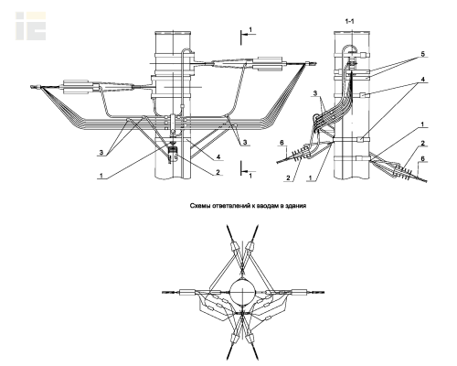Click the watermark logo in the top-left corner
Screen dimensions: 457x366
coord(31,26)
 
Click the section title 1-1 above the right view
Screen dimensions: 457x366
coord(349,21)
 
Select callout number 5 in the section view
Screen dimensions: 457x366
coord(422,54)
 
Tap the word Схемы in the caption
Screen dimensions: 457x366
coord(199,206)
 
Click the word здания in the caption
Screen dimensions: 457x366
coord(296,206)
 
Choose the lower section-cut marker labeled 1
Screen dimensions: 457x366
coord(247,171)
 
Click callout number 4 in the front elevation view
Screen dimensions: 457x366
coord(218,156)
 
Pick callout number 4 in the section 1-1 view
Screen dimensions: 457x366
coord(422,80)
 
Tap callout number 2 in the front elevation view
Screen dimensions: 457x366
coord(218,172)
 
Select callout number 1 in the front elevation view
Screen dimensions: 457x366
coord(101,176)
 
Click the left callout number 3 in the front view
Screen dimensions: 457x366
coord(101,153)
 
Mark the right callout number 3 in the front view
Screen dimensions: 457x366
coord(244,142)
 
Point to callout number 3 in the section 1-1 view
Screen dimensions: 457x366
coord(315,93)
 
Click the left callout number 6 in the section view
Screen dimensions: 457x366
coord(282,143)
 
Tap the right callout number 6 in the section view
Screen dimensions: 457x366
coord(422,159)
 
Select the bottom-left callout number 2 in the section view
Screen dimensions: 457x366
coord(288,178)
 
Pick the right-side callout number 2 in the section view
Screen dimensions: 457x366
coord(422,143)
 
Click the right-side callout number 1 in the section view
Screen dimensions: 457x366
coord(422,124)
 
